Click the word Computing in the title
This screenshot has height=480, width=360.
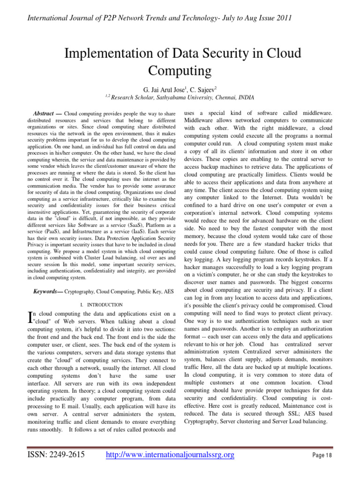pyautogui.click(x=180, y=71)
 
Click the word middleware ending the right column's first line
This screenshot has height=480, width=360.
pyautogui.click(x=314, y=114)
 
